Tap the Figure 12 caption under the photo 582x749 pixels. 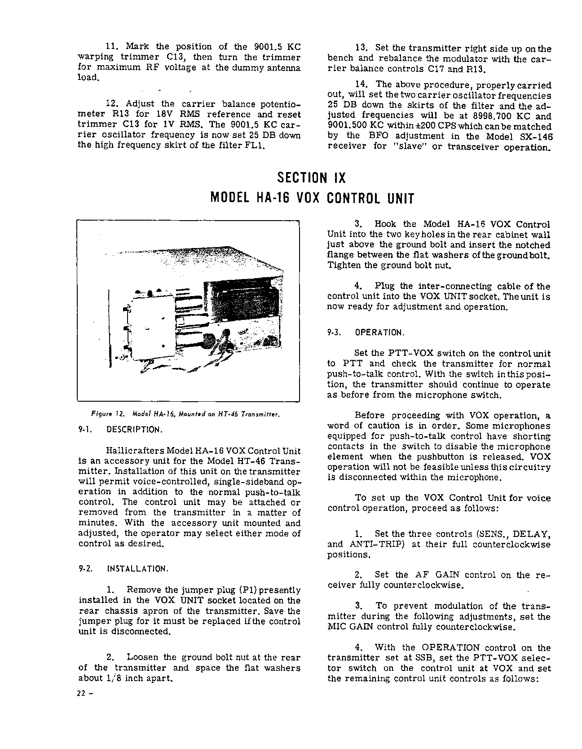point(179,414)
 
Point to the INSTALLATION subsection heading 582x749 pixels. point(137,569)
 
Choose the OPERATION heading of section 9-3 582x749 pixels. point(379,333)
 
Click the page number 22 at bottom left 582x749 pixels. point(83,692)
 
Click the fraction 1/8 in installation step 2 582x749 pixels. point(111,678)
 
